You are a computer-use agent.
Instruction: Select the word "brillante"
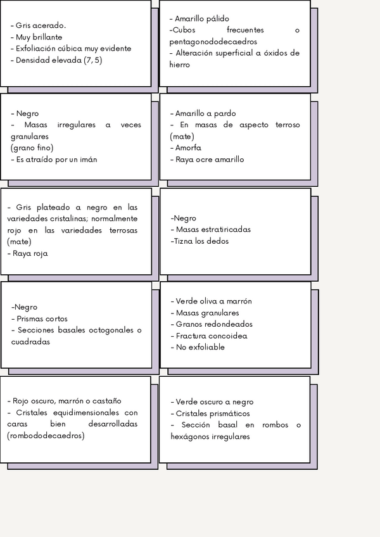(45, 37)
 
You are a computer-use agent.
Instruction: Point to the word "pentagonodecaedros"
(213, 42)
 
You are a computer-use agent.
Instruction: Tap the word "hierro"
(180, 65)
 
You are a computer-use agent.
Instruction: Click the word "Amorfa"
(188, 148)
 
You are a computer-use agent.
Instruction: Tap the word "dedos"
(215, 241)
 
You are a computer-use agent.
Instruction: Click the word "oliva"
(208, 301)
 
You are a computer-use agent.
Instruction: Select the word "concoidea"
(227, 336)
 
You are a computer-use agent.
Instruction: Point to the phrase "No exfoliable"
(200, 347)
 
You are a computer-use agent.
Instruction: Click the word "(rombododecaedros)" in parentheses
(46, 436)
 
